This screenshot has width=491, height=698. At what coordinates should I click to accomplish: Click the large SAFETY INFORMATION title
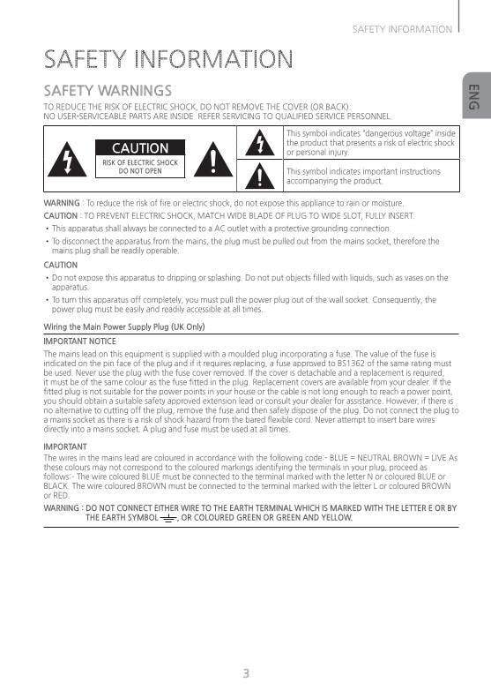[x=168, y=60]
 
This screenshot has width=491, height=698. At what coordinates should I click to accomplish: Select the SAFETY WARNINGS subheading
[x=108, y=91]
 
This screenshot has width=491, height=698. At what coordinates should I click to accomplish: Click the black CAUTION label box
[x=140, y=148]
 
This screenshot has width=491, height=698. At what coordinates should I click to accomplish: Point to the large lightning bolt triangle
[x=67, y=159]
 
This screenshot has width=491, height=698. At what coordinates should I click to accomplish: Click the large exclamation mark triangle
[x=213, y=159]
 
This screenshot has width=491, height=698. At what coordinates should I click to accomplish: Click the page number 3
[x=246, y=673]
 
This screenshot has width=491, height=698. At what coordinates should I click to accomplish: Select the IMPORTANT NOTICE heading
[x=80, y=341]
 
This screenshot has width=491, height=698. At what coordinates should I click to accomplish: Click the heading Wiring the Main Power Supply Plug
[x=123, y=326]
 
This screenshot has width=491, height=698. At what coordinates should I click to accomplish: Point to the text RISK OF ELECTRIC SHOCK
[x=140, y=163]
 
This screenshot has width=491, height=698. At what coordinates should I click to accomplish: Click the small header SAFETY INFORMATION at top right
[x=402, y=29]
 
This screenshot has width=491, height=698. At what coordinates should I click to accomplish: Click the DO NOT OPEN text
[x=140, y=171]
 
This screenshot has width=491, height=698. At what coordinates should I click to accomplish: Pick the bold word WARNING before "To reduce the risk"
[x=61, y=203]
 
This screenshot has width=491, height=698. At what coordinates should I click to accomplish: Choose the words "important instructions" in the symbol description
[x=383, y=171]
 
